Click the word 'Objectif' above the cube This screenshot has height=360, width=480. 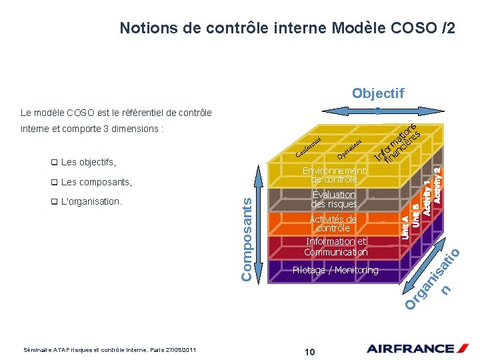tap(377, 93)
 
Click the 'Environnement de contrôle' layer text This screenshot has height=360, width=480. tap(334, 175)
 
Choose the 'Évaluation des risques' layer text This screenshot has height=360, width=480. tap(334, 199)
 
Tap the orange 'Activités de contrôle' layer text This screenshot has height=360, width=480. tap(333, 223)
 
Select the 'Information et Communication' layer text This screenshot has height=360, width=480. tap(335, 247)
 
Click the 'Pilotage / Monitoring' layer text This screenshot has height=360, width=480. tap(335, 270)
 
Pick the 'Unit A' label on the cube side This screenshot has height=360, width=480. tap(405, 226)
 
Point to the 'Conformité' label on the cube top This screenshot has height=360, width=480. tap(309, 148)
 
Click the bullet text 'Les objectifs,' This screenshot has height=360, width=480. tap(88, 162)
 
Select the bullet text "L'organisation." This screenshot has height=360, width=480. tap(91, 201)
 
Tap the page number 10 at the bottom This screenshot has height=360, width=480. tap(309, 351)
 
